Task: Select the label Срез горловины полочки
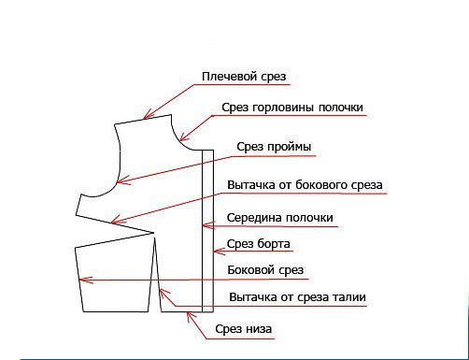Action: [x=291, y=108]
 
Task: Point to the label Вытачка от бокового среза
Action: [x=305, y=184]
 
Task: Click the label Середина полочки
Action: [x=280, y=218]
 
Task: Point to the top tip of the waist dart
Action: [x=153, y=234]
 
